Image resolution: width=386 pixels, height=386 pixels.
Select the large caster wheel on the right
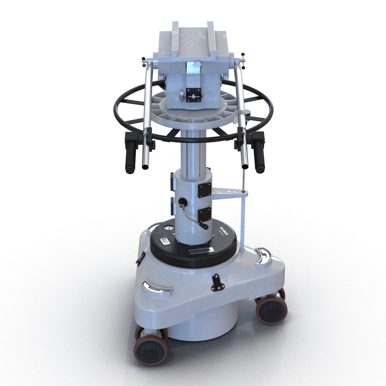coord(272,310)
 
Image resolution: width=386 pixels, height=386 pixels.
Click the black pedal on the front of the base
coord(216,282)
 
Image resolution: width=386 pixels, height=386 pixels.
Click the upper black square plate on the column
coord(204,189)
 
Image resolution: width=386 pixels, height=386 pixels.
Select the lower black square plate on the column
coord(204,214)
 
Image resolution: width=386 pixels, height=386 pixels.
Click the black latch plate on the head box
coord(194,95)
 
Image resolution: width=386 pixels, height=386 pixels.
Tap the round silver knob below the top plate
coord(197,64)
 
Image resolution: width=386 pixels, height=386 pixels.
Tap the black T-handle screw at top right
coord(243,57)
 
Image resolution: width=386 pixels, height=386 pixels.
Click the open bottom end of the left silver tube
coord(145,166)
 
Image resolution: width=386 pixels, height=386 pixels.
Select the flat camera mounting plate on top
coord(193,39)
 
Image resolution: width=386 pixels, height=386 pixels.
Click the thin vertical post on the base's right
coord(243,222)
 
